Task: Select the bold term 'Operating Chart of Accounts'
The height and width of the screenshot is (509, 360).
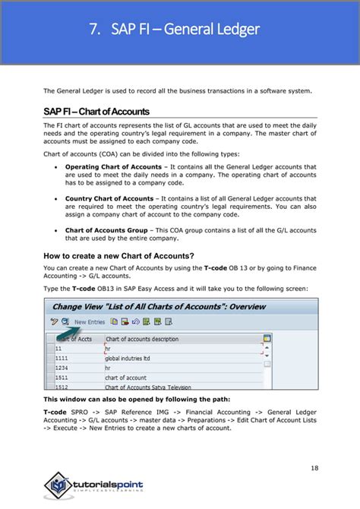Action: coord(113,166)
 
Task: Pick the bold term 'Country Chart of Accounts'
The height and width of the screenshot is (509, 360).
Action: coord(109,198)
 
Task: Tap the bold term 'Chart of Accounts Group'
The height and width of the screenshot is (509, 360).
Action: coord(105,230)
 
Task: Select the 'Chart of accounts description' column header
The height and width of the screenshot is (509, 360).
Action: coord(143,339)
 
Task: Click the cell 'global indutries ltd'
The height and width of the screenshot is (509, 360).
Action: coord(131,358)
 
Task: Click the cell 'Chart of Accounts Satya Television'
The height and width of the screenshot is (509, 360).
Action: coord(149,385)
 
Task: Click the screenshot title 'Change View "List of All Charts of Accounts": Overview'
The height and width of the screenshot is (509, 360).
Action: coord(159,306)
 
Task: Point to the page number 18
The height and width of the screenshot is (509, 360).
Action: coord(314,467)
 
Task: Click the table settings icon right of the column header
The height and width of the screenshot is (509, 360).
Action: coord(267,339)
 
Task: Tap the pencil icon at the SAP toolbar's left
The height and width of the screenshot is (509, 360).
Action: coord(54,322)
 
